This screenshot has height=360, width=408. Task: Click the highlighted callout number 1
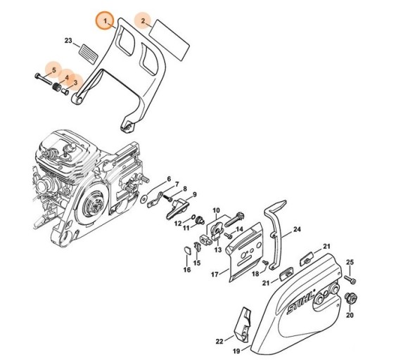(x=106, y=20)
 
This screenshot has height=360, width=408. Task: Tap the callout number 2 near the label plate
(x=143, y=20)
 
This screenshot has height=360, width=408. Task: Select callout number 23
(x=68, y=41)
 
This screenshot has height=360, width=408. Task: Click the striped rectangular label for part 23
(x=88, y=53)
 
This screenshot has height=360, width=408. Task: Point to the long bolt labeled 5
(x=43, y=79)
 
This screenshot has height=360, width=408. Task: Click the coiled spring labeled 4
(x=56, y=87)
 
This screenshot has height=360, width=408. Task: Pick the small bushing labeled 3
(x=65, y=91)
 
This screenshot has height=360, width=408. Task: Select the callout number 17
(x=215, y=274)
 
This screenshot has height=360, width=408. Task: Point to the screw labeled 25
(x=350, y=279)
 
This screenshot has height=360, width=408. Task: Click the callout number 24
(x=297, y=229)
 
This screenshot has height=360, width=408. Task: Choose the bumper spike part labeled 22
(x=243, y=323)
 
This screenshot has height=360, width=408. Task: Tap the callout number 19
(x=236, y=351)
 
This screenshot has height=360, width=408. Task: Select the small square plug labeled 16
(x=187, y=250)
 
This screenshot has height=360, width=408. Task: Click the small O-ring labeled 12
(x=193, y=217)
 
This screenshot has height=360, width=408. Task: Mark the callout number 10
(x=217, y=210)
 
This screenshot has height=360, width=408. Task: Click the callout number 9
(x=194, y=195)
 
